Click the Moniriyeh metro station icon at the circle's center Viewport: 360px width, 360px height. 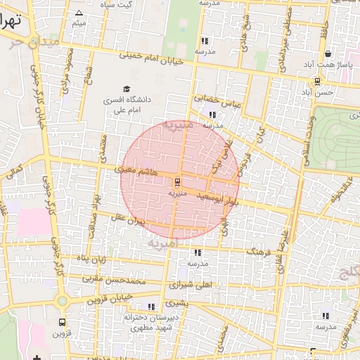(177, 181)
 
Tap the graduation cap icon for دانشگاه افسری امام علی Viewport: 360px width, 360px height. (127, 89)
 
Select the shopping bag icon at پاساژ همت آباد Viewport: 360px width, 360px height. (328, 55)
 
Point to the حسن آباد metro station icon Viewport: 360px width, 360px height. (318, 81)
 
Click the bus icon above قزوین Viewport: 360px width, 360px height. (61, 323)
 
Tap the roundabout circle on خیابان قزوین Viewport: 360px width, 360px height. (62, 301)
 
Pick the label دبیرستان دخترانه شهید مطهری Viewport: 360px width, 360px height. (149, 323)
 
